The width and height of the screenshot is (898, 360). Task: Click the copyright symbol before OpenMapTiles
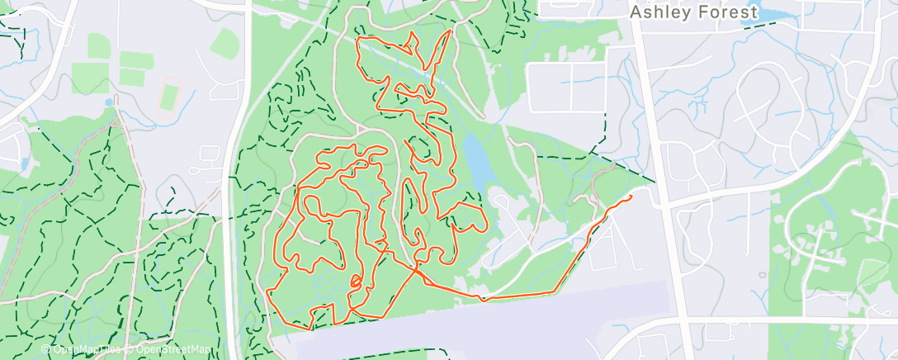(x=46, y=349)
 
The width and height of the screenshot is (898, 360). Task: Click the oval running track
(x=170, y=94)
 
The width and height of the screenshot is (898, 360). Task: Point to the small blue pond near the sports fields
(x=109, y=102)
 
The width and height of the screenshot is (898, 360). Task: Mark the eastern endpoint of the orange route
(x=631, y=197)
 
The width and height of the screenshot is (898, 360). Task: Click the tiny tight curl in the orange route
(x=356, y=281)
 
